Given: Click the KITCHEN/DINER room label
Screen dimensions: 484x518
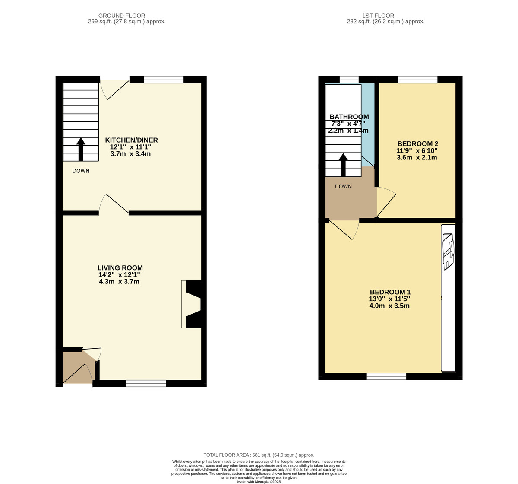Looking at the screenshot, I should click(131, 140).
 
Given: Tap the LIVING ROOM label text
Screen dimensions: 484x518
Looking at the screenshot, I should click(120, 268).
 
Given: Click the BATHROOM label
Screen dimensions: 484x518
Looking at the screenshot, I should click(349, 117).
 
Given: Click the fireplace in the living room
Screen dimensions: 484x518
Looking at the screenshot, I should click(193, 304).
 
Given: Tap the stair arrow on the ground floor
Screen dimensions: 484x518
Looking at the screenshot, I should click(81, 149).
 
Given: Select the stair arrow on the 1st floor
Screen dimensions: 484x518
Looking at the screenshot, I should click(343, 165).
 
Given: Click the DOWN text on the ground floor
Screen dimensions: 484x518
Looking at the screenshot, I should click(81, 171).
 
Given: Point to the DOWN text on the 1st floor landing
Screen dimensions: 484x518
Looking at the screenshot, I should click(343, 187).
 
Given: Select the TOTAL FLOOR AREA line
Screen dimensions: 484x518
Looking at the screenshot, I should click(259, 455).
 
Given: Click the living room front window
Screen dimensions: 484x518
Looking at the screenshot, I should click(146, 383).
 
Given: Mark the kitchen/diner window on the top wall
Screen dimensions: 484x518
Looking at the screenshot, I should click(164, 80).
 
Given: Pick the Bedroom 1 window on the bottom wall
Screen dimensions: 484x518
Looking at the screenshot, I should click(386, 376).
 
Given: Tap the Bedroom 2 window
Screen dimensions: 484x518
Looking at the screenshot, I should click(417, 80).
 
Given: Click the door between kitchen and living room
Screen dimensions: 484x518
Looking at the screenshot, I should click(114, 204).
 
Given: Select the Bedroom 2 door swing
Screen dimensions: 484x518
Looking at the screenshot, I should click(386, 202).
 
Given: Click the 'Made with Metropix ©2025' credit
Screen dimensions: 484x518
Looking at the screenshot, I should click(259, 481).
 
